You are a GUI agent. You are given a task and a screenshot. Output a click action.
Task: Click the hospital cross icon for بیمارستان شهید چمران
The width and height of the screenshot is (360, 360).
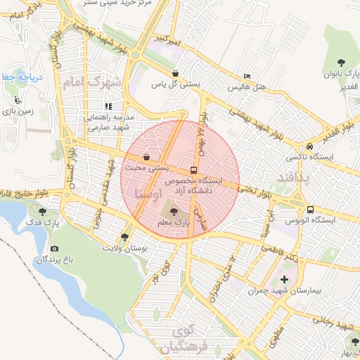click(x=284, y=281)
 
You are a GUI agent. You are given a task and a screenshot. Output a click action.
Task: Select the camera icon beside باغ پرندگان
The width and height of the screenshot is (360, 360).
click(x=55, y=248)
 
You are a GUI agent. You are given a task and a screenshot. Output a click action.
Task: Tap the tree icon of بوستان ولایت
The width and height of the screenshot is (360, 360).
click(x=125, y=237)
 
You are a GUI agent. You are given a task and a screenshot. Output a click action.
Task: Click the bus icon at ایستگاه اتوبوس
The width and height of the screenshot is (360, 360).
click(x=310, y=210)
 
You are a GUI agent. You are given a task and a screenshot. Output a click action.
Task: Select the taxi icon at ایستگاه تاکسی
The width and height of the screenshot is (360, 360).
click(x=309, y=147)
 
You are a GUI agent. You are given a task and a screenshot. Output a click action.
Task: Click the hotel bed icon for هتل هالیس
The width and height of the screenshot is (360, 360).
click(x=246, y=76)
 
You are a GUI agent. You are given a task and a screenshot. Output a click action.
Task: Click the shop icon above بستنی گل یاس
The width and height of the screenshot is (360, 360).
click(x=174, y=72)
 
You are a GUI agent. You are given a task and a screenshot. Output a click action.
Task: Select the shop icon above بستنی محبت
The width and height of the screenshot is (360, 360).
click(x=146, y=157)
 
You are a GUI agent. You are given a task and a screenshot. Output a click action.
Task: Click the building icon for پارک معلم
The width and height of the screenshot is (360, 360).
click(x=175, y=210)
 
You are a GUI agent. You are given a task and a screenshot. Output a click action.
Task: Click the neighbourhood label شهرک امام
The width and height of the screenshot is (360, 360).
click(x=92, y=83)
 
